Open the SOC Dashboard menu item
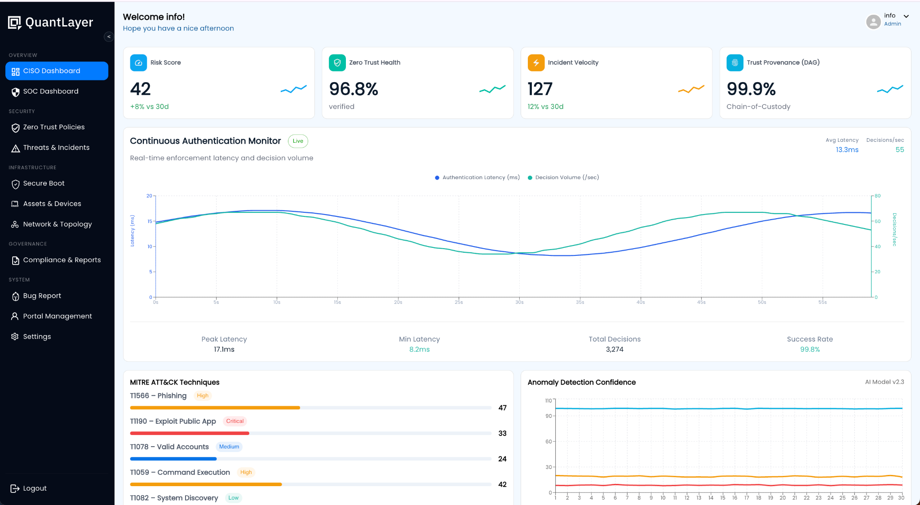50,92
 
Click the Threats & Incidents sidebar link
56,148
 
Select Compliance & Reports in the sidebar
62,260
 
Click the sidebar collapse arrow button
109,37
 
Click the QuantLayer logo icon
14,22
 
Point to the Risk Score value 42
141,89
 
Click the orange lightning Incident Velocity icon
536,63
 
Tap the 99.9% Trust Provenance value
751,89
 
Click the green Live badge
298,141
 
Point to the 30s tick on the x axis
519,302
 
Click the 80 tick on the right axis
877,196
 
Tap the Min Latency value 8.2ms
419,350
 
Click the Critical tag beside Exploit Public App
234,421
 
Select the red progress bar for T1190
190,433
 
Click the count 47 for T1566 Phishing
502,408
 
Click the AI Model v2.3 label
884,382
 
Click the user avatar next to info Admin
873,22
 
